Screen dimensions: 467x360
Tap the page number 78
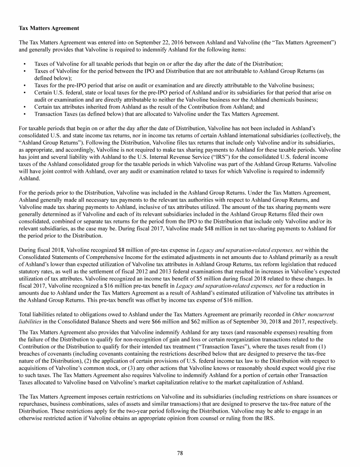(180, 452)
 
